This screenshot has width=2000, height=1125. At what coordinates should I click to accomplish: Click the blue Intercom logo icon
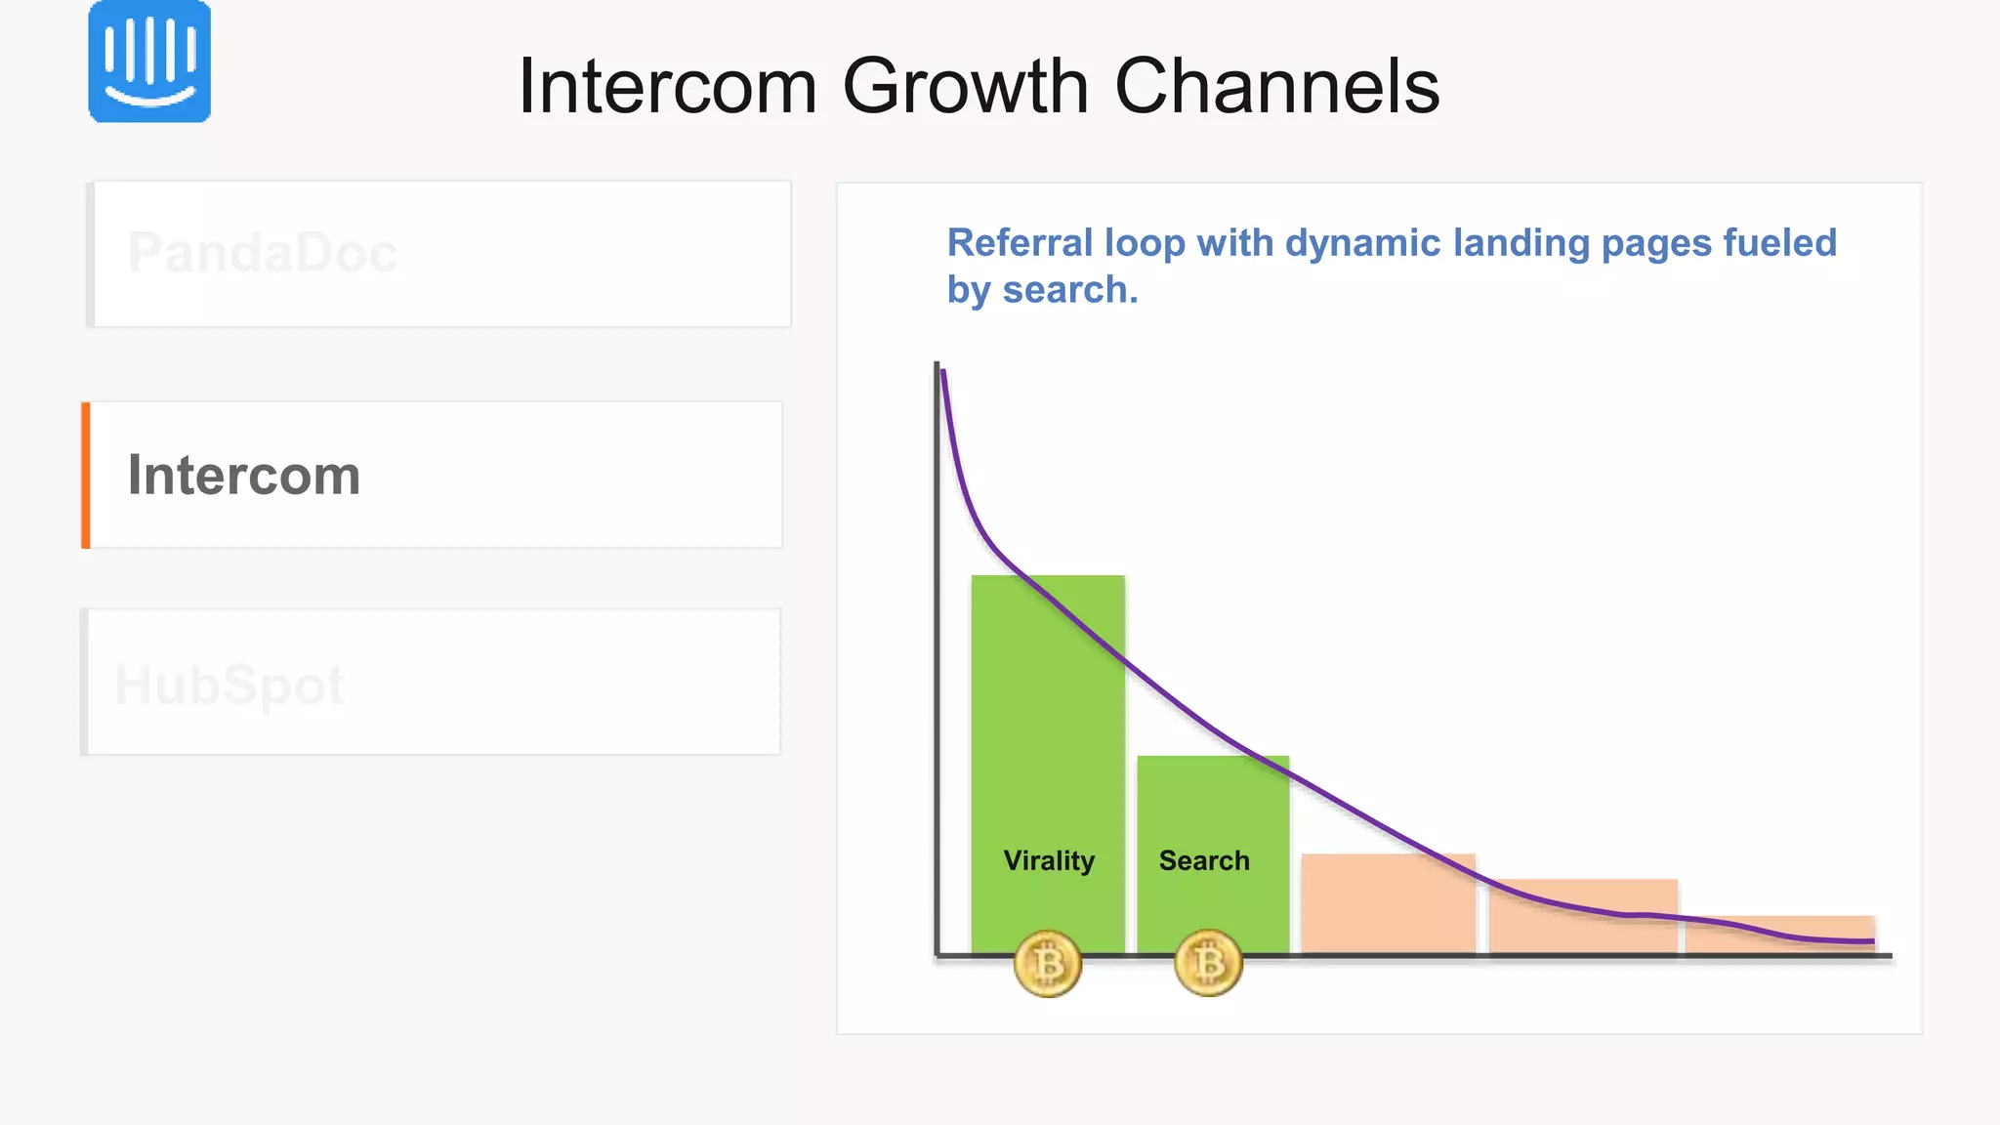pyautogui.click(x=149, y=62)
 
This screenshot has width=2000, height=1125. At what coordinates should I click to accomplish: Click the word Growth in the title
pyautogui.click(x=965, y=86)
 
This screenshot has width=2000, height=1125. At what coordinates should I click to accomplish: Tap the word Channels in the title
pyautogui.click(x=1276, y=86)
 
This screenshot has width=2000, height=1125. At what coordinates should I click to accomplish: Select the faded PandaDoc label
pyautogui.click(x=263, y=253)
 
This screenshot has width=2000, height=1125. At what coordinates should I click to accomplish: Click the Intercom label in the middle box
pyautogui.click(x=244, y=476)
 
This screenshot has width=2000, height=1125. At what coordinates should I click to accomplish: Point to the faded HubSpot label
pyautogui.click(x=229, y=685)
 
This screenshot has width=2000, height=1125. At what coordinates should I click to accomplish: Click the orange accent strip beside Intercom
pyautogui.click(x=86, y=475)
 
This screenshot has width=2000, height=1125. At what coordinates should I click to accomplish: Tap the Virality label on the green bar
pyautogui.click(x=1049, y=860)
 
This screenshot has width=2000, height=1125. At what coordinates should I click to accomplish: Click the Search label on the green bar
pyautogui.click(x=1204, y=860)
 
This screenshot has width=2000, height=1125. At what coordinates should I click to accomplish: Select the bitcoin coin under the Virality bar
pyautogui.click(x=1048, y=964)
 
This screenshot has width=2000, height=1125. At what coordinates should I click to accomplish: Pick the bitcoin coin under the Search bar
pyautogui.click(x=1208, y=964)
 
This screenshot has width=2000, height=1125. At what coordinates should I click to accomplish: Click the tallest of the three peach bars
pyautogui.click(x=1388, y=903)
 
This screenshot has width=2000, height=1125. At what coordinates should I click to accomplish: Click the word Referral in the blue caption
pyautogui.click(x=1020, y=243)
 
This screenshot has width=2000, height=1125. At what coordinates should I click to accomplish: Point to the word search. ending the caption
pyautogui.click(x=1070, y=290)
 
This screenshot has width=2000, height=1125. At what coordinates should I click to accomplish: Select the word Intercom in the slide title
pyautogui.click(x=667, y=86)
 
